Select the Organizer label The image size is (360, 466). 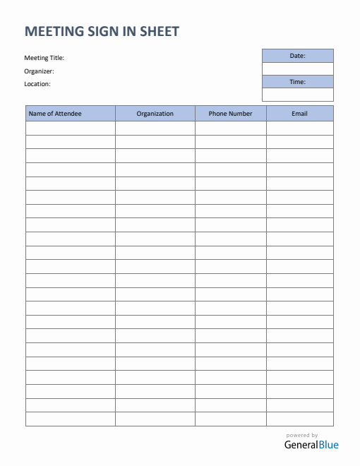39,71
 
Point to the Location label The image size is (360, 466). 37,83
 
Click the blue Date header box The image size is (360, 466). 297,56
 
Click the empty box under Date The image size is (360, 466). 297,68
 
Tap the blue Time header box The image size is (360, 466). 297,82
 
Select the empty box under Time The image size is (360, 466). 297,95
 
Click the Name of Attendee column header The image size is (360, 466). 71,113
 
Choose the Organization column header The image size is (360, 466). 155,113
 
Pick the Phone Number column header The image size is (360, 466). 230,113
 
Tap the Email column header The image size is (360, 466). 299,113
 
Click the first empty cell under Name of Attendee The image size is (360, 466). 71,128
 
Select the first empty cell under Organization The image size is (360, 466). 155,128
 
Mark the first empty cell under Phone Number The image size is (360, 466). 230,128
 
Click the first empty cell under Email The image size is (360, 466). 299,128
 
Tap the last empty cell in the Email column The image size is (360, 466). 299,419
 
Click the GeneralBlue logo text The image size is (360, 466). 311,445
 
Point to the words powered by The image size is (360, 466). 302,435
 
